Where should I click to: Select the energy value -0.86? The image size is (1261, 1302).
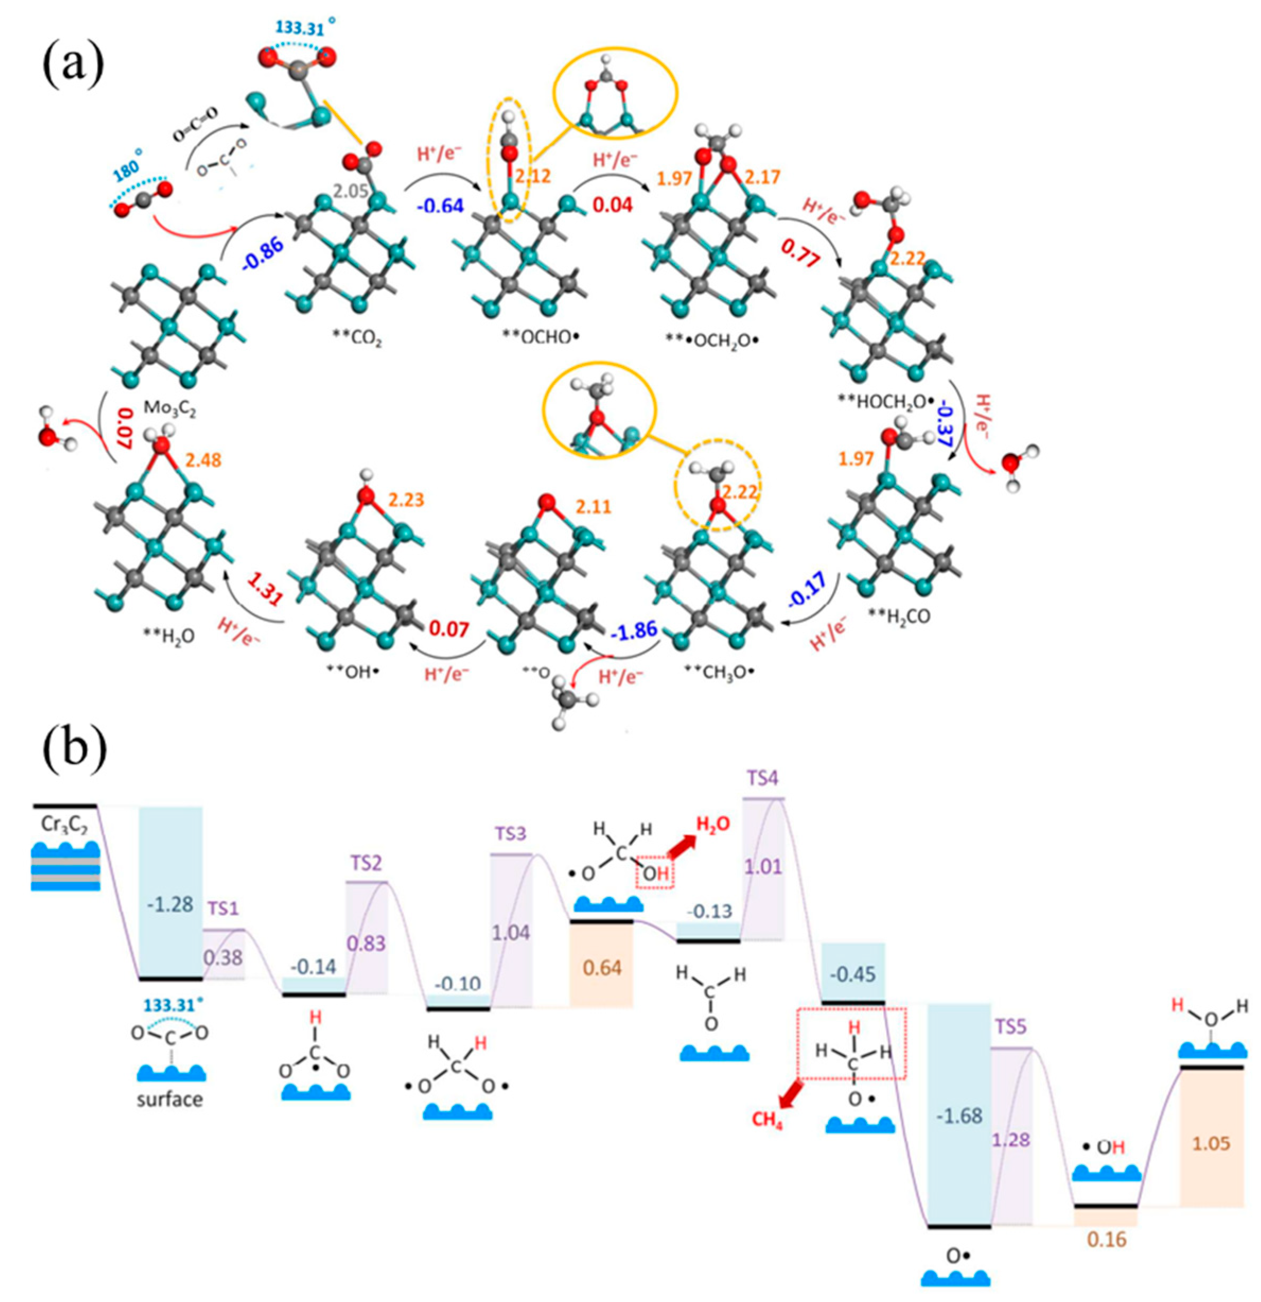point(263,253)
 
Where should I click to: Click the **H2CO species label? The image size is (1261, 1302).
point(899,616)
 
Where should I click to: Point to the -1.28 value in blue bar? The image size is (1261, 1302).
point(170,905)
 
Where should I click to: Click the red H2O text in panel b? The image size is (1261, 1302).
point(712,824)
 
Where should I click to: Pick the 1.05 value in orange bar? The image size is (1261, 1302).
point(1211,1142)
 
